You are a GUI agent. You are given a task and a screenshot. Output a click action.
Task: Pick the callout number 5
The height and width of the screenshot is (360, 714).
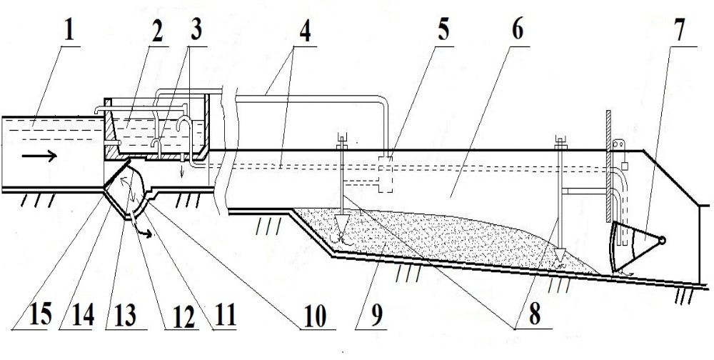coord(443,30)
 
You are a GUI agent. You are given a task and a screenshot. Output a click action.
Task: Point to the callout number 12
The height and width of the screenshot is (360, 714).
coord(183,315)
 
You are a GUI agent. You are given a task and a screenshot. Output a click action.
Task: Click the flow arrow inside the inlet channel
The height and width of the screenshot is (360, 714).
coord(39,156)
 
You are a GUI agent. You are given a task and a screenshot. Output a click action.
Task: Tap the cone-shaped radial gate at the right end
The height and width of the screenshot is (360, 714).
coord(635,246)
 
